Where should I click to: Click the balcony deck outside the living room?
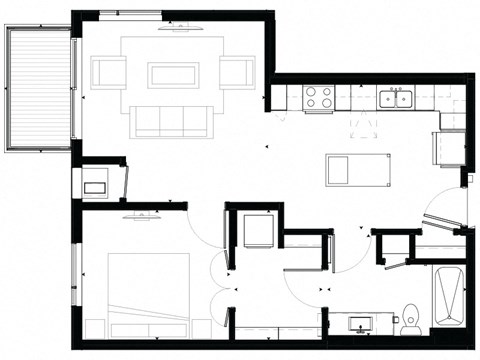click(x=37, y=88)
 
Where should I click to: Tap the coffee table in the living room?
click(x=173, y=74)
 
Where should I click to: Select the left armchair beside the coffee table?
click(x=108, y=73)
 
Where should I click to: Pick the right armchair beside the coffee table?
click(x=238, y=73)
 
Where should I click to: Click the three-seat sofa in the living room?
click(x=173, y=120)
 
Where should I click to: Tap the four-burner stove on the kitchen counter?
click(x=319, y=97)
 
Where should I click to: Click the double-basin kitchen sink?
click(x=397, y=98)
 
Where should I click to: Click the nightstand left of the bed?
click(x=97, y=326)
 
